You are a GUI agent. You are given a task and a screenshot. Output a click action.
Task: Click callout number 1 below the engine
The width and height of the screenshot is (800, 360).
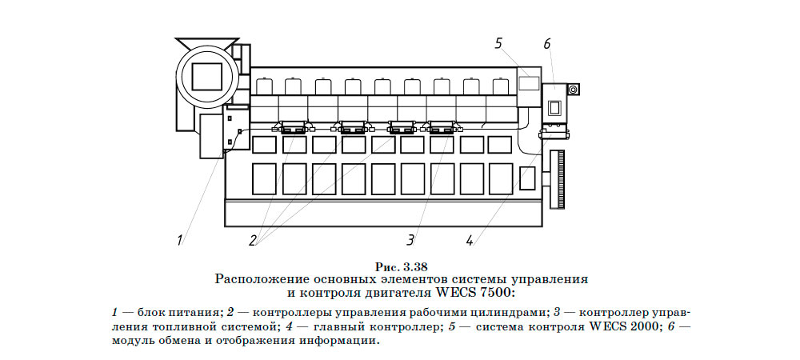[181, 238]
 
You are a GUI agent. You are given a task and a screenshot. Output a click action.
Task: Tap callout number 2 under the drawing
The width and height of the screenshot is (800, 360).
[254, 239]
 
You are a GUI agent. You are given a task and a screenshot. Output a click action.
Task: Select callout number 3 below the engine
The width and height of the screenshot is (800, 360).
[410, 238]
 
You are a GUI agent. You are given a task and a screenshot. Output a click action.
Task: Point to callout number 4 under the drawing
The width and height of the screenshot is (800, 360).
[470, 238]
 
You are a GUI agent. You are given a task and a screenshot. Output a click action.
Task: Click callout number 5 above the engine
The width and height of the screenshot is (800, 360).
[498, 43]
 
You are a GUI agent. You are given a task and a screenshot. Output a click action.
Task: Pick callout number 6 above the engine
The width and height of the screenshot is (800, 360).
[547, 43]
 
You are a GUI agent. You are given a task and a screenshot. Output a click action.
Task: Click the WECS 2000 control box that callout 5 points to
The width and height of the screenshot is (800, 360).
[528, 82]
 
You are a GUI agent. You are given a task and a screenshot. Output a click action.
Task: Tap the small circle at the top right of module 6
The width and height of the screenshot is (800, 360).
[573, 90]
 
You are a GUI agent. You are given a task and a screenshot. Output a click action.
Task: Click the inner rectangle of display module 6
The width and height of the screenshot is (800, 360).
[553, 106]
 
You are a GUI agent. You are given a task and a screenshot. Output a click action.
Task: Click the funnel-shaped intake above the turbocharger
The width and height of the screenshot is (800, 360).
[206, 42]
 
